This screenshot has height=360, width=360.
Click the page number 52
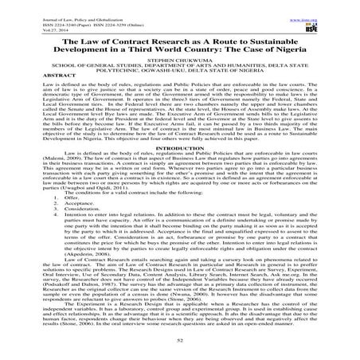pos(180,341)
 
